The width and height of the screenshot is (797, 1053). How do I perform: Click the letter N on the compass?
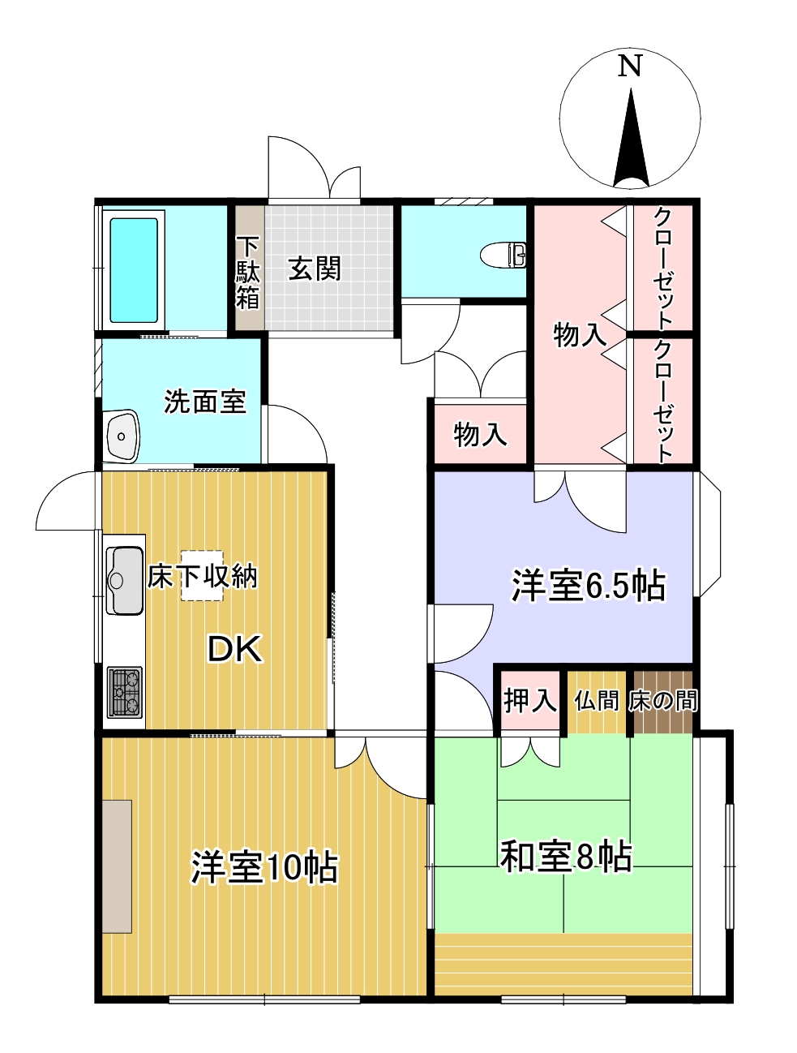point(630,66)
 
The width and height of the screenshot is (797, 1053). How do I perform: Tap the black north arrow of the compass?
point(631,142)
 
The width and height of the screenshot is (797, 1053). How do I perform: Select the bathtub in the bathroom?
point(134,270)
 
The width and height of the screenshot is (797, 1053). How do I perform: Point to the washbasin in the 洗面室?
point(122,436)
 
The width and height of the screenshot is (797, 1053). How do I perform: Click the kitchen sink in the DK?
point(125,580)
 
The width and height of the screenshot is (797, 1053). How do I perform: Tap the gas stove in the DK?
point(124,692)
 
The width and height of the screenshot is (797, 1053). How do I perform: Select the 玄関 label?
point(315,269)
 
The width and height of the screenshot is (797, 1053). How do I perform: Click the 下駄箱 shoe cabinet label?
point(247,273)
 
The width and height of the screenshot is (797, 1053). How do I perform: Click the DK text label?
point(235,649)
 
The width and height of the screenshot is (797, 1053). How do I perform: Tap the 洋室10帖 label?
point(264,867)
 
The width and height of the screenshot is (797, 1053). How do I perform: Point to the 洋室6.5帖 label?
point(588,585)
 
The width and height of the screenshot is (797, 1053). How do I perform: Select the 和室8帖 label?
point(565,856)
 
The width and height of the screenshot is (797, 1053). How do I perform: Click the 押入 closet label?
point(530,699)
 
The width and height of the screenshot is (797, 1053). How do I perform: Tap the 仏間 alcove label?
point(597,699)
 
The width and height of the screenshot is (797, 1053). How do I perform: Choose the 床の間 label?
point(663,699)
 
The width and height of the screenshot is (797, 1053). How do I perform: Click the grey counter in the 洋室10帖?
point(118,866)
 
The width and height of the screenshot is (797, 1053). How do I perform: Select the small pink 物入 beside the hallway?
point(481,434)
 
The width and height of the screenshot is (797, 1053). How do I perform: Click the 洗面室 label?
point(204,401)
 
